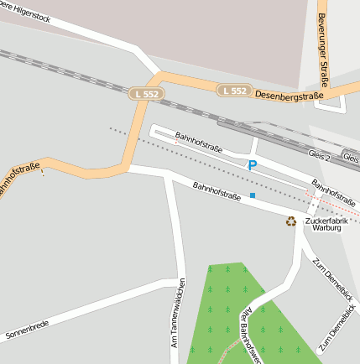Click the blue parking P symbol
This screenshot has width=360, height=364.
coord(252,165)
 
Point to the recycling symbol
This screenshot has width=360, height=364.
coord(291,221)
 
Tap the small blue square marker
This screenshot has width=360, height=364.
coord(253,195)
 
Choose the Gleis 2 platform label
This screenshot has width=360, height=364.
coord(321,157)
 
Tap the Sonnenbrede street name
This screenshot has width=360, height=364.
coord(27,330)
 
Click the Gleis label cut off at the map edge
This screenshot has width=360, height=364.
coord(352,158)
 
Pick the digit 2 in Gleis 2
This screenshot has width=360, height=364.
coord(329,157)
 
